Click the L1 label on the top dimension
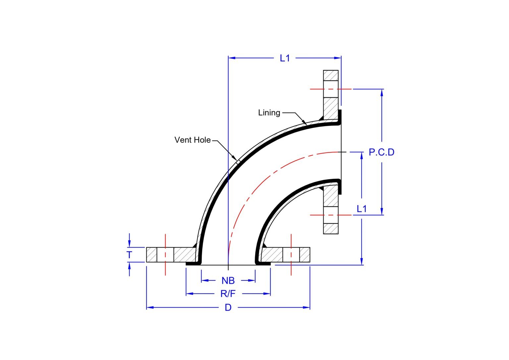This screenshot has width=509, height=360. click(285, 58)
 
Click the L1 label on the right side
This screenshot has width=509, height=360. click(362, 209)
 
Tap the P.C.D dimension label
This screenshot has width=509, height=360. click(381, 152)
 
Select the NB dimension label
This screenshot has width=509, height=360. click(228, 281)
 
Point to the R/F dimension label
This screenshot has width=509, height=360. click(228, 294)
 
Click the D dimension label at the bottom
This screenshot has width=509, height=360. click(228, 308)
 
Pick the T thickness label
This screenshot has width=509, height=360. click(129, 255)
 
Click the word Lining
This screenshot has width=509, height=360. click(269, 113)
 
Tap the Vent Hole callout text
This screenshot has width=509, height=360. click(193, 140)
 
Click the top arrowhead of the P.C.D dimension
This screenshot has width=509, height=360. click(382, 92)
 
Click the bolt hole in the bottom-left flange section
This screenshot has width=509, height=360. click(165, 255)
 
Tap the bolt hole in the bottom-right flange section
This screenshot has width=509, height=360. click(291, 255)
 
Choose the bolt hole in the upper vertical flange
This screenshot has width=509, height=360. click(331, 89)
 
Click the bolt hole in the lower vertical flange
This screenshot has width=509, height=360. click(331, 215)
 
